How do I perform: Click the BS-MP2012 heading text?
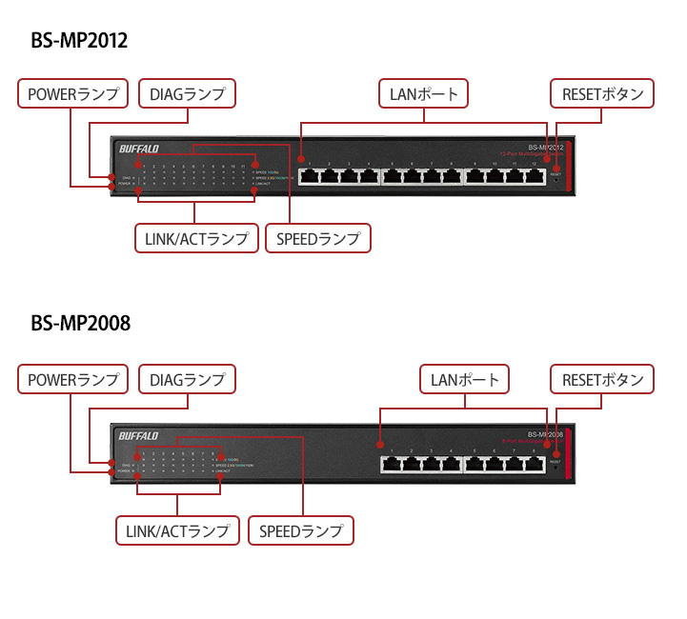tap(79, 41)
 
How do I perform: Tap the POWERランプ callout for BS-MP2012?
tap(73, 93)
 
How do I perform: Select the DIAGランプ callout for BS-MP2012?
tap(187, 93)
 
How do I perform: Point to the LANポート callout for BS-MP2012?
tap(425, 93)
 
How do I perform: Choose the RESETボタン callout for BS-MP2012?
tap(602, 93)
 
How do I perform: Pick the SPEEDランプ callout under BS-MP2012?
tap(318, 237)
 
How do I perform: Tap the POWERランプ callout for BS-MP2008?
tap(73, 379)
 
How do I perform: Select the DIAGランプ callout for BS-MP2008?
tap(187, 379)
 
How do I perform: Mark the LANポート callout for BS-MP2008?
tap(465, 379)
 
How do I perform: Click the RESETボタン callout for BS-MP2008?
tap(602, 379)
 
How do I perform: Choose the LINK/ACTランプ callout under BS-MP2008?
tap(178, 529)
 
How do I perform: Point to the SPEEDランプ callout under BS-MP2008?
tap(300, 529)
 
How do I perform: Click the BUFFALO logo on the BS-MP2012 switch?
tap(139, 148)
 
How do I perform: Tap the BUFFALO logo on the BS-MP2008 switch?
tap(139, 436)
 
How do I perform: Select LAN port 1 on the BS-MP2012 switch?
tap(310, 176)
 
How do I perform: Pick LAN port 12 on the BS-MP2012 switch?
tap(535, 176)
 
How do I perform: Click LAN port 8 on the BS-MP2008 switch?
tap(534, 464)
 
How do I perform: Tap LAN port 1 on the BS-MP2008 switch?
tap(392, 464)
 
